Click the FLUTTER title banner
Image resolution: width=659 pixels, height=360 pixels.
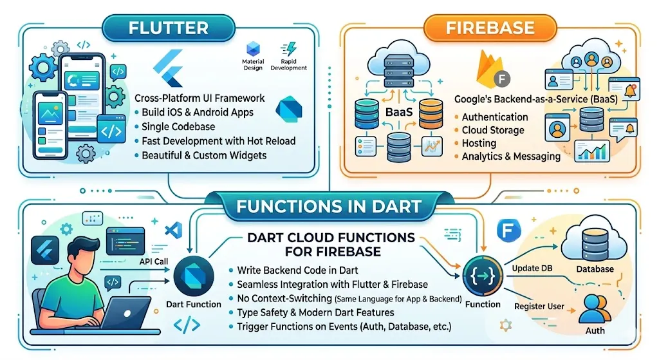[168, 28]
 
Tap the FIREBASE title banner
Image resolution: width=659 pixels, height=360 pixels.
[490, 28]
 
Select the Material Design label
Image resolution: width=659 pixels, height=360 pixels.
[253, 64]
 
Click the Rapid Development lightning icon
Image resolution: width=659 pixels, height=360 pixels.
[289, 49]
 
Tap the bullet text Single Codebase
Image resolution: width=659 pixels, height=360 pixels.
[178, 127]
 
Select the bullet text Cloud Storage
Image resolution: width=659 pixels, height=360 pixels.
[493, 130]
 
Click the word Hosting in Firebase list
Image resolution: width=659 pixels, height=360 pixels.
[479, 143]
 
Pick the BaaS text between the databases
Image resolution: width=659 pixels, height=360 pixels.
[399, 112]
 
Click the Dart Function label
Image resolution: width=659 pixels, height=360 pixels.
[193, 304]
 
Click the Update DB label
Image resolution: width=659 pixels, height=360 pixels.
[532, 269]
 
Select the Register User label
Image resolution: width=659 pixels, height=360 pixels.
[539, 306]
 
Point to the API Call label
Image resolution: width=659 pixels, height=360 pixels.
[154, 261]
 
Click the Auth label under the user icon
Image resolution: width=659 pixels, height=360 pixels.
[595, 330]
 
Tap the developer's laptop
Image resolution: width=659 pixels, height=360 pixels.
[125, 314]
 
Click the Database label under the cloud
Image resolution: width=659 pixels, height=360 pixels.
[595, 269]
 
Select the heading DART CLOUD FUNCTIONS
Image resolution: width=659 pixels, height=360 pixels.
[331, 238]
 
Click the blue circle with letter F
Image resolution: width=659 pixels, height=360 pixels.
[508, 230]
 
